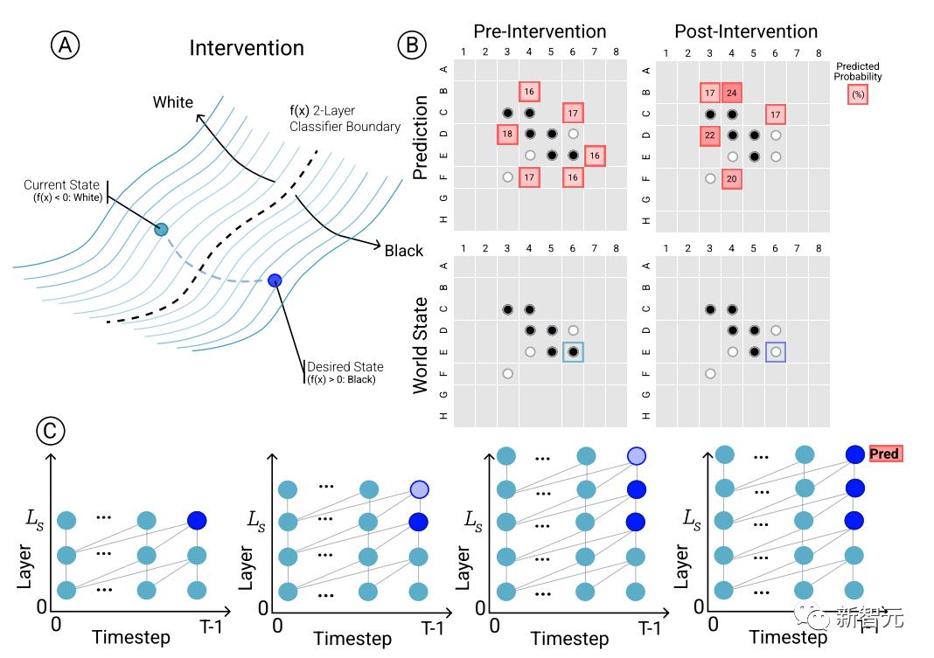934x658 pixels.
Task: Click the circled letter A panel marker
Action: click(x=64, y=46)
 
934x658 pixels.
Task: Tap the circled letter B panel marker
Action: click(x=412, y=45)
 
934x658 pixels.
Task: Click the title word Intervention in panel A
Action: click(x=247, y=47)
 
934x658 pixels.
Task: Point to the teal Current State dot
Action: click(x=161, y=229)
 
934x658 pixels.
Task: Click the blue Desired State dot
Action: click(x=275, y=281)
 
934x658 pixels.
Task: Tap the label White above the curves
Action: click(x=173, y=102)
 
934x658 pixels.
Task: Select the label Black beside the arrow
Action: click(x=404, y=251)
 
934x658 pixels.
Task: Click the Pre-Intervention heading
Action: click(x=540, y=32)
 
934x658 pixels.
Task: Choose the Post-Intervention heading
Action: click(x=745, y=32)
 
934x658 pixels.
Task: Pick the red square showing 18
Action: click(x=507, y=135)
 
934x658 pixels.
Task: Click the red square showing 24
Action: click(x=732, y=92)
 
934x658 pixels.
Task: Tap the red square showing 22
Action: click(x=710, y=135)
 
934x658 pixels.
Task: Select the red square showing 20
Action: click(x=732, y=178)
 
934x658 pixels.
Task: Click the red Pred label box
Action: click(x=884, y=454)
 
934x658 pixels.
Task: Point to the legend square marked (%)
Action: click(x=858, y=95)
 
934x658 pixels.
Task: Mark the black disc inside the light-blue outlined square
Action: click(x=573, y=351)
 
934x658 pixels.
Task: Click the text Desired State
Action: click(x=345, y=367)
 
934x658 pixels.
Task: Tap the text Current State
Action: click(x=63, y=185)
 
